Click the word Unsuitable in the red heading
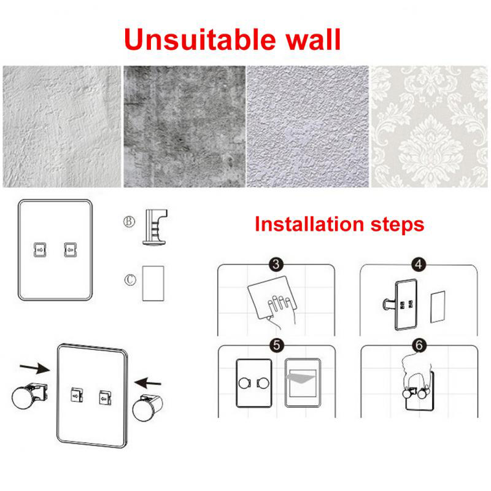click(200, 39)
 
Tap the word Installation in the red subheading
click(309, 224)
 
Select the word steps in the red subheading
click(397, 225)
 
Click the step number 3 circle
click(276, 265)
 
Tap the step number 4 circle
click(419, 265)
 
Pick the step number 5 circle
click(277, 345)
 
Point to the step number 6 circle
click(419, 345)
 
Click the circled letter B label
click(129, 222)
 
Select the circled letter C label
click(130, 279)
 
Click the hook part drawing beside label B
click(155, 227)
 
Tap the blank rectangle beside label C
click(153, 284)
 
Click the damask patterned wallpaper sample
click(429, 126)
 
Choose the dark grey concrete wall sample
click(185, 126)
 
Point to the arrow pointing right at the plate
click(34, 368)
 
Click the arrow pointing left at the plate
click(148, 382)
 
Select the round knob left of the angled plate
click(29, 396)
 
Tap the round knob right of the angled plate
click(147, 408)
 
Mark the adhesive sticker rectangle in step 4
click(438, 307)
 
